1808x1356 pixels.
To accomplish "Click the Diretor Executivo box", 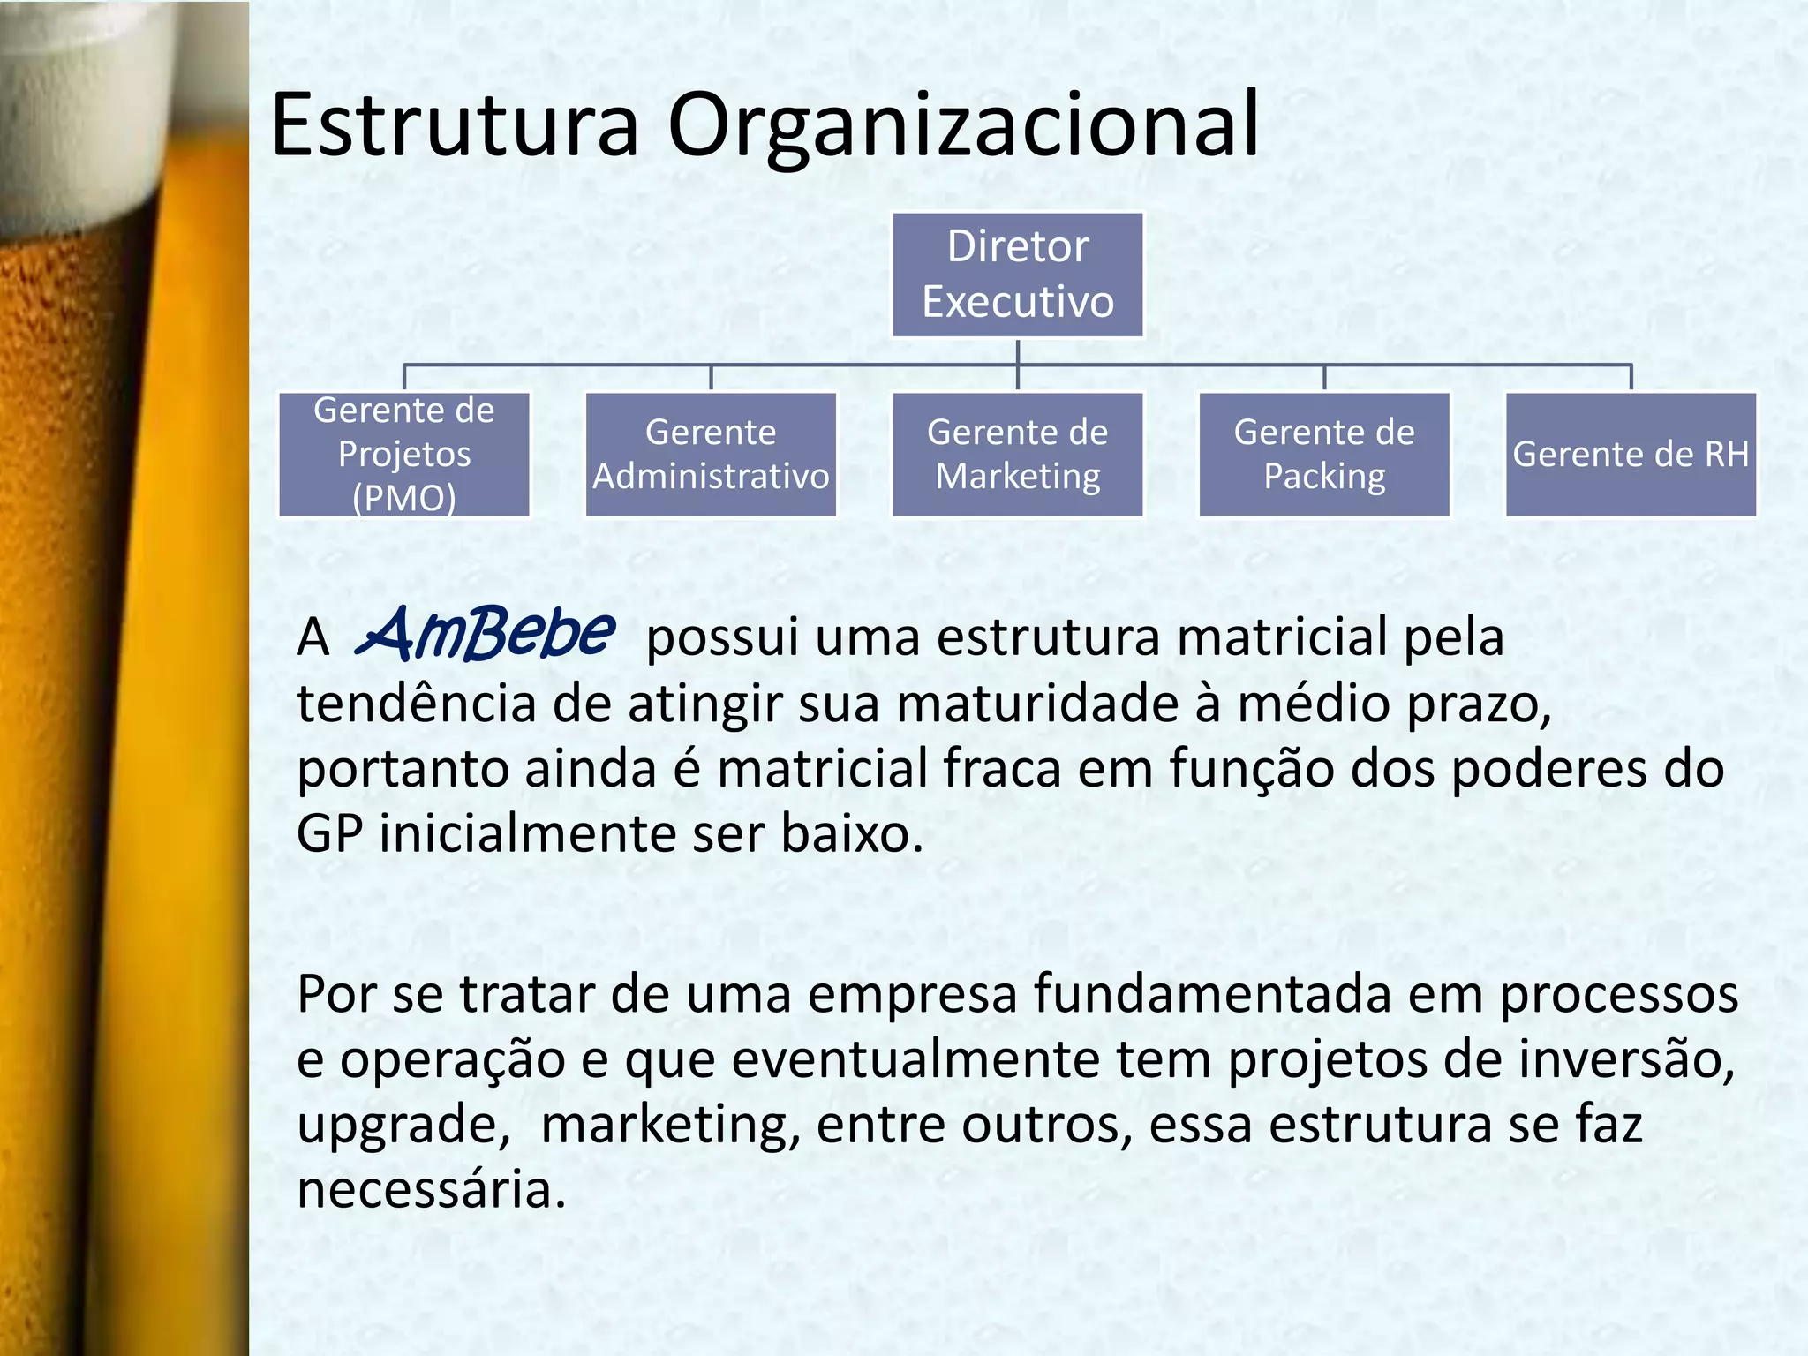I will (1017, 275).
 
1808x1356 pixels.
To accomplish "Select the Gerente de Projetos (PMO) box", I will (404, 455).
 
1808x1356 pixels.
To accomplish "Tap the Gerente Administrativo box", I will (711, 455).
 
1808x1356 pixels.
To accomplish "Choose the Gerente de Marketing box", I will (1017, 455).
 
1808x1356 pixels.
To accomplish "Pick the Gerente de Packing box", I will (1323, 455).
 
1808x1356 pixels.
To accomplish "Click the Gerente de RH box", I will (1630, 455).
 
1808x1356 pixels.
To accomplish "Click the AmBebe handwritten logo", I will (486, 633).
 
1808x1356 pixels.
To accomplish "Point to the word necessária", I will (430, 1190).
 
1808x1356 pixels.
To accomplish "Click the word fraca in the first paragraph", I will (1001, 768).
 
